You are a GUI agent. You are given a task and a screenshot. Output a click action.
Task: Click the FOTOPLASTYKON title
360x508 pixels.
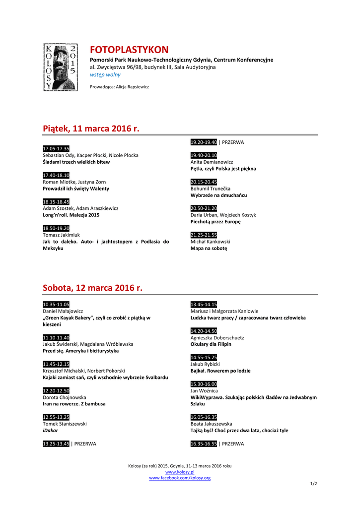[129, 50]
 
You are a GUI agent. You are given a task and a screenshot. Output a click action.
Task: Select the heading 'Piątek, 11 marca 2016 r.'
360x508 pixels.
[91, 128]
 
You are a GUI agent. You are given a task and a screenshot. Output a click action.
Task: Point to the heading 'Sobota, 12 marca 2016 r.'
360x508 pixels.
[92, 288]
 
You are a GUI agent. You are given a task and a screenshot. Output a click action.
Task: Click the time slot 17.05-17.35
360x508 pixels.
[56, 149]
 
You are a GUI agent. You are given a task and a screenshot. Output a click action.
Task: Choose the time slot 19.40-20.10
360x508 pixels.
[204, 155]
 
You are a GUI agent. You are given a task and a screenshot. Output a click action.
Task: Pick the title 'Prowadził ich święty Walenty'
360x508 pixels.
[76, 189]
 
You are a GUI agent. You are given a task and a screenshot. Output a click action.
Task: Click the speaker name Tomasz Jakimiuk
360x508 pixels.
[62, 235]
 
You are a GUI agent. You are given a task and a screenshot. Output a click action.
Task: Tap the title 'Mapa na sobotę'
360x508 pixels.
[209, 248]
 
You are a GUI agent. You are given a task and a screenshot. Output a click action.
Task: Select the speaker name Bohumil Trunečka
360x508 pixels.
[211, 189]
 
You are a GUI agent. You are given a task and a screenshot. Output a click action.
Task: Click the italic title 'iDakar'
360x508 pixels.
[51, 431]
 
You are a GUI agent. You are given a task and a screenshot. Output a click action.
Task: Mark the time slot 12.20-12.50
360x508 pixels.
[56, 390]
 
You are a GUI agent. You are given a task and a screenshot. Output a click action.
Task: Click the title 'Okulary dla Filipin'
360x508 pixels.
[211, 344]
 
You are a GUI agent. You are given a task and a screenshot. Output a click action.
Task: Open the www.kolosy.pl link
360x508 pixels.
[180, 472]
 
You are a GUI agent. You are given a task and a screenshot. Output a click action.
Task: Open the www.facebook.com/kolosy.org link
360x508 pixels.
[180, 478]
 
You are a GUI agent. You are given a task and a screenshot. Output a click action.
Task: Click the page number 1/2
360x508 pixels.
[313, 484]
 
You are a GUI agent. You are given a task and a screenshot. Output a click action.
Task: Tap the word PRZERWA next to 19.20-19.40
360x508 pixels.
[233, 142]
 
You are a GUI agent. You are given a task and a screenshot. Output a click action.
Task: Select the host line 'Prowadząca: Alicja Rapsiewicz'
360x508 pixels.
[119, 87]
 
